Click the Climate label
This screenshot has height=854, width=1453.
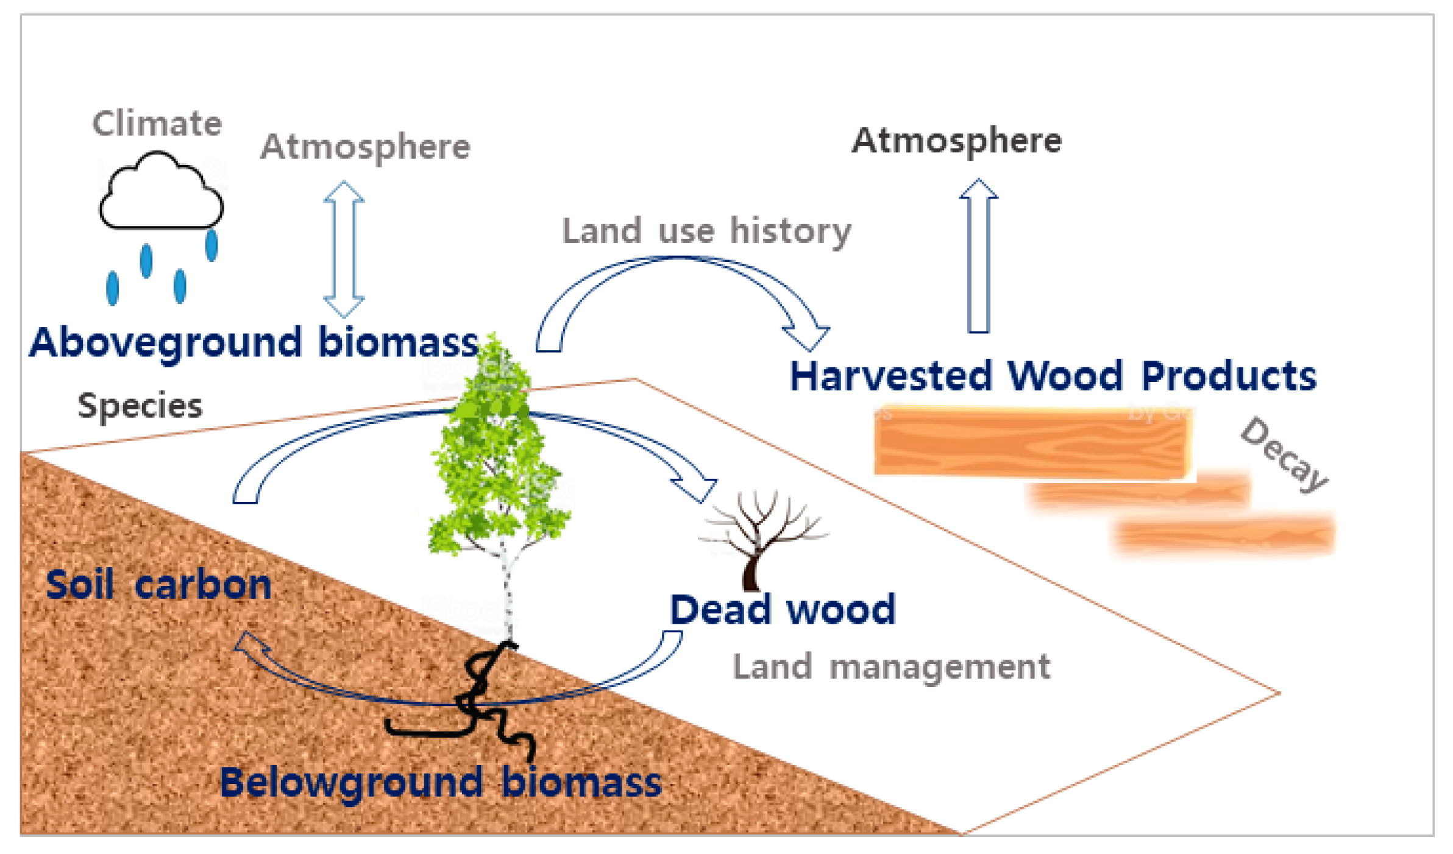pos(157,124)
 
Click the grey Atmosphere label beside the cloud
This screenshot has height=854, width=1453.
pos(365,147)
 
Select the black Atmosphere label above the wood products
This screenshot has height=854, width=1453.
pos(956,141)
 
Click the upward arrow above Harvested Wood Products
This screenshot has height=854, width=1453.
pos(978,256)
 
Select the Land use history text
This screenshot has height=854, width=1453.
pos(706,231)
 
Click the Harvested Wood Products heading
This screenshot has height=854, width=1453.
pos(1053,376)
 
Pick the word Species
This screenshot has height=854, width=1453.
pos(140,406)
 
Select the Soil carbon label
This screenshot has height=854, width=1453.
pos(158,585)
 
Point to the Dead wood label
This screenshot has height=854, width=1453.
pos(783,609)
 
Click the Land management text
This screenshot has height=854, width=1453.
pos(891,666)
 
